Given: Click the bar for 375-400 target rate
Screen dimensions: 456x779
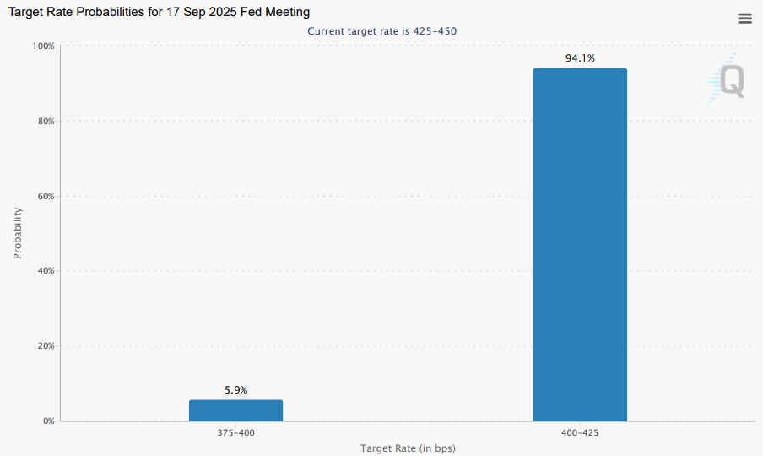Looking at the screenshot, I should click(235, 410).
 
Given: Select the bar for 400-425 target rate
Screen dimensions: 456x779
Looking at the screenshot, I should click(580, 245).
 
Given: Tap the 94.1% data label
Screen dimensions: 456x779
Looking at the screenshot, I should click(580, 58).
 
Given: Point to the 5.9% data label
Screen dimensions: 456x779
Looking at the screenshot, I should click(235, 390).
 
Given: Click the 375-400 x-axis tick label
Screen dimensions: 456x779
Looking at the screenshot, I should click(235, 432).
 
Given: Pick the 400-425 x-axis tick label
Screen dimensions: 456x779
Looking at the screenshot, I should click(580, 432).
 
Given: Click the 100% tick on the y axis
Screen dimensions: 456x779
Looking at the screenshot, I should click(42, 46).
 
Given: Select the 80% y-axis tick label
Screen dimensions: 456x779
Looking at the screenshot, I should click(45, 121).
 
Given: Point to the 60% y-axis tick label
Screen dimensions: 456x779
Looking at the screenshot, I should click(45, 196).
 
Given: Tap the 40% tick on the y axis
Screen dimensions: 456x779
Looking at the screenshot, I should click(45, 271).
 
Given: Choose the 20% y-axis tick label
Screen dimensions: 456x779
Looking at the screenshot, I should click(45, 346).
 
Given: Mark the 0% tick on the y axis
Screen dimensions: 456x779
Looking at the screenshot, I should click(47, 421).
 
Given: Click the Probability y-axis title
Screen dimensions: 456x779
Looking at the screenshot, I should click(18, 233).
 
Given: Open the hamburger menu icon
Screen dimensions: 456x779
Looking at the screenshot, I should click(745, 19).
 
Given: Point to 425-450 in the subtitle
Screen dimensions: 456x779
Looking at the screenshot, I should click(435, 31).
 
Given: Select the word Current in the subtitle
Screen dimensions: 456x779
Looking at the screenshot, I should click(326, 31).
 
